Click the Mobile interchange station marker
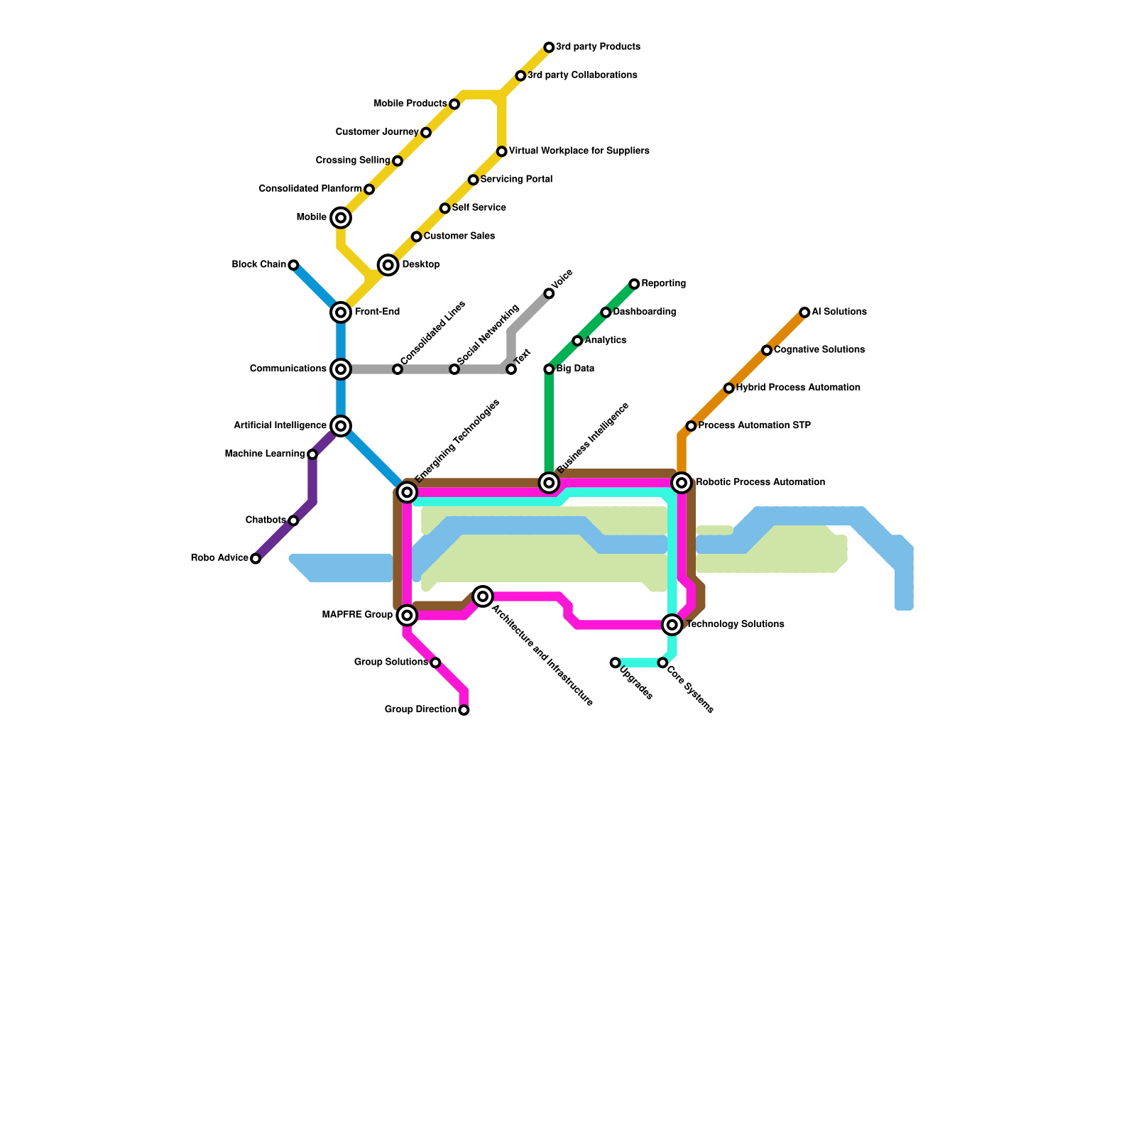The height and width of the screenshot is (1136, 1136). pos(341,218)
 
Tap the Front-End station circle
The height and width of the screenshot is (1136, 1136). pos(341,312)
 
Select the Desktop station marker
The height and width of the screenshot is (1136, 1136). pos(388,266)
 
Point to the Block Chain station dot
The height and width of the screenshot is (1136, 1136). pos(293,266)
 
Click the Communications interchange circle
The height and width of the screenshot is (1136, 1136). pos(341,369)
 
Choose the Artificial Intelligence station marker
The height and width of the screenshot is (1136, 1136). pos(341,426)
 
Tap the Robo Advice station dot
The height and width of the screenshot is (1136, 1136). pos(256,559)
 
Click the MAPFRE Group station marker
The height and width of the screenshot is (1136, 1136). pos(407,615)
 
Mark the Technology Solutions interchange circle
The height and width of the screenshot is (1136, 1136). pos(672,625)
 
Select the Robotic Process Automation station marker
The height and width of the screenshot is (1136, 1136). pos(682,483)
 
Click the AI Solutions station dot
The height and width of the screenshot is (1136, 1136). pos(804,312)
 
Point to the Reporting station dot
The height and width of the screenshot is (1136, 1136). pos(634,284)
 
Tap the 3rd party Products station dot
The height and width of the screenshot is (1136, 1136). pos(549,48)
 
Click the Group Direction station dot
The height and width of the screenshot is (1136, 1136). pos(464,710)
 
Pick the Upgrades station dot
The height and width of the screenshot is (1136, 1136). pos(615,663)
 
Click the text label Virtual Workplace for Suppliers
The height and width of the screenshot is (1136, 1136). pos(579,151)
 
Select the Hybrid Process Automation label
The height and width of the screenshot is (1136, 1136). pos(798,388)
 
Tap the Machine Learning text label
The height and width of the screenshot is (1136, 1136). pos(264,454)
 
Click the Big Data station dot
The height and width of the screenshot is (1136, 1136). pos(549,369)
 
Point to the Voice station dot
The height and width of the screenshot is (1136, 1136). pos(549,294)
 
